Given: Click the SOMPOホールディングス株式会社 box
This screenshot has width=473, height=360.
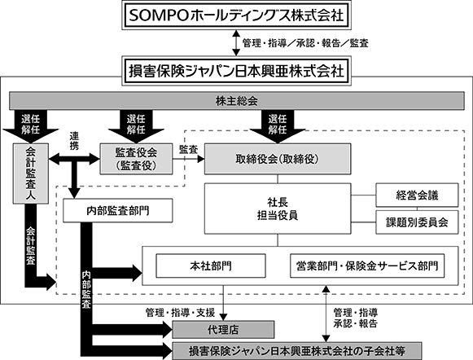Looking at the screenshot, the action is [236, 15].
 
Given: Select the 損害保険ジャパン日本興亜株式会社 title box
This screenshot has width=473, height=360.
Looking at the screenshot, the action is [236, 71].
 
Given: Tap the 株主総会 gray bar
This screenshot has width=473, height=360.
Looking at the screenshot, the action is [237, 101].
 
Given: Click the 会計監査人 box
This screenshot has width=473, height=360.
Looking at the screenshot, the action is [30, 173].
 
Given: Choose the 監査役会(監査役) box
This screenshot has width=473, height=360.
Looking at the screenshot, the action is [136, 159].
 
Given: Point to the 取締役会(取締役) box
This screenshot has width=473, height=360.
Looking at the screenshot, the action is [278, 159].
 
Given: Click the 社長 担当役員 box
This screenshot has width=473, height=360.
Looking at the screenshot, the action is [278, 209].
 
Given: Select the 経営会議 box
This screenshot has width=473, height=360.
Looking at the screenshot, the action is [417, 195].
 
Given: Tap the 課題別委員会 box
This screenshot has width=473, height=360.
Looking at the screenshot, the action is [417, 222].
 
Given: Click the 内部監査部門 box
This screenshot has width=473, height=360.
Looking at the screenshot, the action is [118, 211].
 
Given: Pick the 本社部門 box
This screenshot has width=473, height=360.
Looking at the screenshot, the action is [211, 266].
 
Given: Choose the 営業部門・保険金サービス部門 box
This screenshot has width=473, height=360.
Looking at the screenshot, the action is [367, 266].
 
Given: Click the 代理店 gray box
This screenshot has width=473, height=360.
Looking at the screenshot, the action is [223, 330].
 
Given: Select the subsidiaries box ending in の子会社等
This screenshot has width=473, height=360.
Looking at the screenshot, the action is [297, 351].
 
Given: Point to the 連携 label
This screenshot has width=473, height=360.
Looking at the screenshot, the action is [74, 141].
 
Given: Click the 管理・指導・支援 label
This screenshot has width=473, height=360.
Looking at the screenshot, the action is [180, 313].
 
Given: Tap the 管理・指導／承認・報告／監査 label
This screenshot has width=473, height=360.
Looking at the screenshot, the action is [305, 43].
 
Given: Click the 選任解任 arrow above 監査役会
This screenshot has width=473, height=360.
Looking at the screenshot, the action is [136, 126].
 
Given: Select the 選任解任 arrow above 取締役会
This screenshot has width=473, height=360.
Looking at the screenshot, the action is [278, 126].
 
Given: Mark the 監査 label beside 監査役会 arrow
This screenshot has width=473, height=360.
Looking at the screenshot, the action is [188, 149].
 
